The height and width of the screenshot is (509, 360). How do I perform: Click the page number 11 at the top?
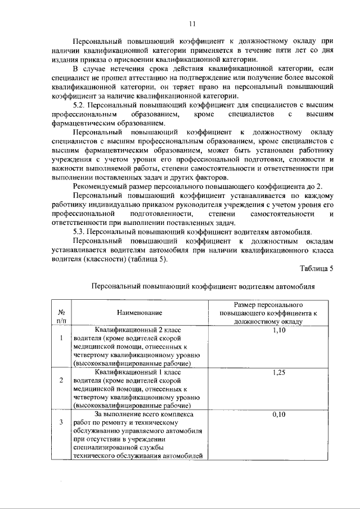[x=192, y=24]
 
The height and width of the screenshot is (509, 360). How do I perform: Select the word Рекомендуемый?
[x=103, y=187]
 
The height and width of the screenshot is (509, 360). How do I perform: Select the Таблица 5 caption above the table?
[x=316, y=268]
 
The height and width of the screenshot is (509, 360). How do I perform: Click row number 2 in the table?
[x=61, y=380]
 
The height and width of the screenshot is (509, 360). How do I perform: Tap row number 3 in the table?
[x=61, y=422]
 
